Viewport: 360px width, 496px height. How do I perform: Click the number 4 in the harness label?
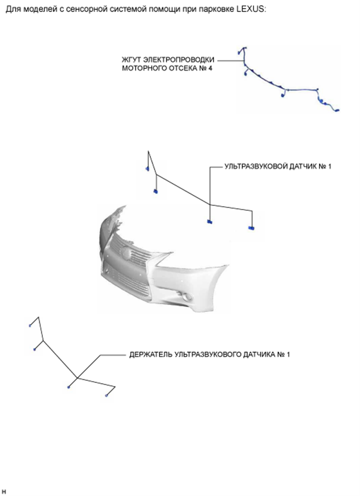point(210,68)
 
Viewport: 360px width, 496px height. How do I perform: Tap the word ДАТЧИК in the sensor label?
point(302,166)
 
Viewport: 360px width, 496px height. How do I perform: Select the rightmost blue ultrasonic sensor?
point(251,228)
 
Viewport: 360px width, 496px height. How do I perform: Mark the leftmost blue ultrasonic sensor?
point(147,169)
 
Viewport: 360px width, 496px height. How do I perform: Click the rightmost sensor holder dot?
point(106,396)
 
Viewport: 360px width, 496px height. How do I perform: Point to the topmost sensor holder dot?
point(30,325)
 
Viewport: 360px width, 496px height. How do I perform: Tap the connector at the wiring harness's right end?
point(337,111)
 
